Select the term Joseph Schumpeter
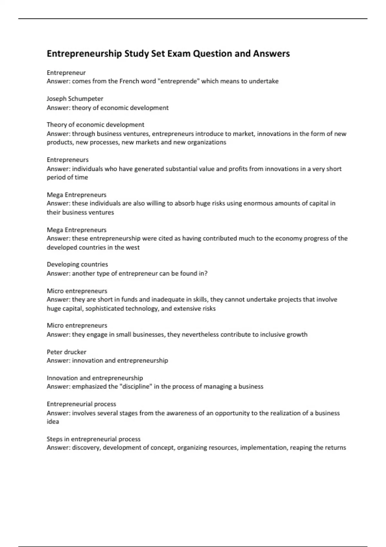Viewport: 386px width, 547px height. tap(75, 98)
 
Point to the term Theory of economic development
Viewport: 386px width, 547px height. tap(95, 125)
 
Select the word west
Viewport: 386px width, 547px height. tap(133, 247)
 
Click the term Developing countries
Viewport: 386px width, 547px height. tap(77, 264)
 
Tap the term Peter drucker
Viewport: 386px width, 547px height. tap(66, 352)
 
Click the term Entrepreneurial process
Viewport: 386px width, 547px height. tap(81, 404)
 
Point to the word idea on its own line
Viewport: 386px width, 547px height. tap(53, 422)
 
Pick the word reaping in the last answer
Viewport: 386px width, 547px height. tap(301, 448)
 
